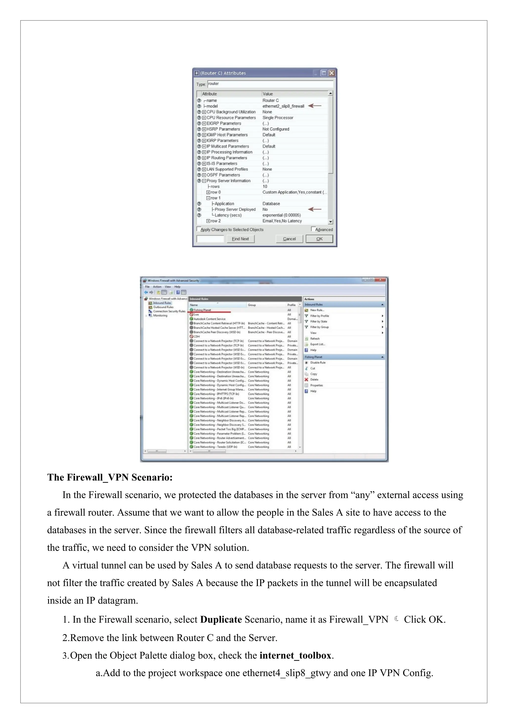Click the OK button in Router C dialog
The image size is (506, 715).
319,239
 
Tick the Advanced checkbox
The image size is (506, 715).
313,229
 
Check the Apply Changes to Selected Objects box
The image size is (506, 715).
198,229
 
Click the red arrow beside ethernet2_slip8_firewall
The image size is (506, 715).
315,106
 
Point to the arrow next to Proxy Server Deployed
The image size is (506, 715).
315,209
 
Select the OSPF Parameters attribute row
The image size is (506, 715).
223,175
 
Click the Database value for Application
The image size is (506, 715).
271,204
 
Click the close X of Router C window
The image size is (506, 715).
332,73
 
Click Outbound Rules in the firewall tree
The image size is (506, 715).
163,307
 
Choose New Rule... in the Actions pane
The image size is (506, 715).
317,310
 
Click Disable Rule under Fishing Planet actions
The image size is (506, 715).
317,362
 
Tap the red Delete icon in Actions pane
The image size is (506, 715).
307,380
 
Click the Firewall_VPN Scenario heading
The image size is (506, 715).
110,477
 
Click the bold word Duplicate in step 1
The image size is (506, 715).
221,619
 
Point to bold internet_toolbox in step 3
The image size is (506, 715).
295,655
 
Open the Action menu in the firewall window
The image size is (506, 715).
157,286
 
